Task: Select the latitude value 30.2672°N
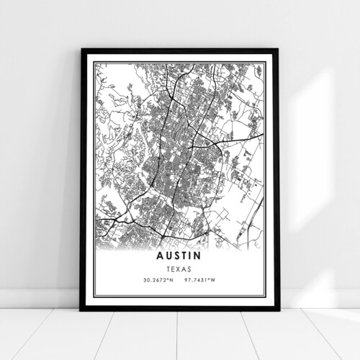(152, 279)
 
